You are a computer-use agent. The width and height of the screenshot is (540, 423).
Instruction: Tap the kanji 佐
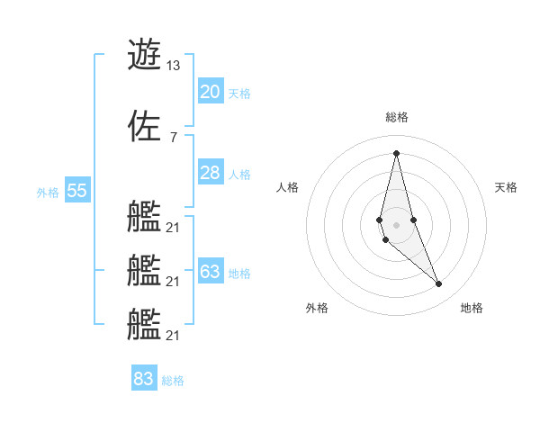[144, 125]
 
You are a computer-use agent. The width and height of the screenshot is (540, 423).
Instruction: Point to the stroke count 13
[173, 66]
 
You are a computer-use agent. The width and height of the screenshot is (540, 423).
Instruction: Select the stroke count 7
[173, 137]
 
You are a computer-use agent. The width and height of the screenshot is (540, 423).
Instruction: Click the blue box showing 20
[210, 92]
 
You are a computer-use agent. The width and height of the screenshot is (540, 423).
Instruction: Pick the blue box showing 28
[210, 173]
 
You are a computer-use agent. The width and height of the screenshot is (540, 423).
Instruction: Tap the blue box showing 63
[210, 272]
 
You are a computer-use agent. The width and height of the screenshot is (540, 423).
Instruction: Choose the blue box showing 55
[76, 191]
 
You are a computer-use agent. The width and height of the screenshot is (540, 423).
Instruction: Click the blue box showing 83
[143, 379]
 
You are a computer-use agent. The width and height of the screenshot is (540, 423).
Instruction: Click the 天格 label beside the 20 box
[239, 93]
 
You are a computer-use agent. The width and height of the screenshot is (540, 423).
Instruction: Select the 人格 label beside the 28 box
[239, 174]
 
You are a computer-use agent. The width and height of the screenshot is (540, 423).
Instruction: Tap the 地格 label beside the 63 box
[239, 273]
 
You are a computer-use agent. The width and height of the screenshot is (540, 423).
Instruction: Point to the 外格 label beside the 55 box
[48, 192]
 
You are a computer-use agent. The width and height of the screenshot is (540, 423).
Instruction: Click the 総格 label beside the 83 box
[173, 380]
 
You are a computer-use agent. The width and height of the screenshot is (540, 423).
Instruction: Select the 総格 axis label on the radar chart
[397, 117]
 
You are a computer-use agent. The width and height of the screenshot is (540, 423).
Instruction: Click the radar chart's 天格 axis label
[507, 187]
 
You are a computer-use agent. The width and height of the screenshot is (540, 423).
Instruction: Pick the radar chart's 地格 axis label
[472, 308]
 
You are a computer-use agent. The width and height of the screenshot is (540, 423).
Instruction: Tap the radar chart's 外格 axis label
[317, 308]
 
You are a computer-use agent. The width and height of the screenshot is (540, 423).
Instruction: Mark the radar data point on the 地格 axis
[439, 284]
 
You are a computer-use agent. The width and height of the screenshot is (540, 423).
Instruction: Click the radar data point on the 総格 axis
[396, 153]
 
